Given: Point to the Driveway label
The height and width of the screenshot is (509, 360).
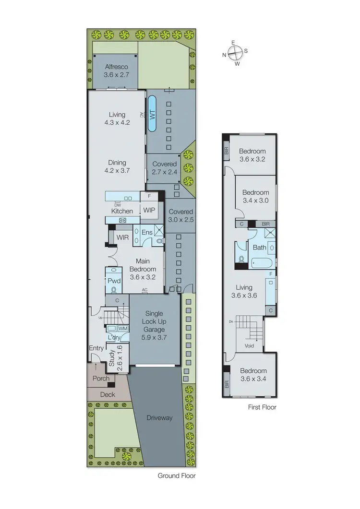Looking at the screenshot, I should (x=159, y=418).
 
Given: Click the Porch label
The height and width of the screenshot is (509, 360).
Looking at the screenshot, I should (x=101, y=379).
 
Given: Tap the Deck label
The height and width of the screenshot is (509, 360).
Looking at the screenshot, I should (x=108, y=394).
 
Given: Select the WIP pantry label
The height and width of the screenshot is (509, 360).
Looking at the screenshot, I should (x=149, y=210).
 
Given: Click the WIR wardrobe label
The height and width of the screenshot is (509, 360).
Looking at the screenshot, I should (x=123, y=237).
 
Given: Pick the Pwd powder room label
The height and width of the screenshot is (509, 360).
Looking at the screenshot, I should (x=113, y=281).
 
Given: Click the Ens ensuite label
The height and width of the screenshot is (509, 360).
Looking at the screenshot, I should (x=147, y=232).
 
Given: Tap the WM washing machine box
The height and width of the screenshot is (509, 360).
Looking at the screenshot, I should (x=122, y=329).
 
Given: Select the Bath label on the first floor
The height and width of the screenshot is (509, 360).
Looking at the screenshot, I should (x=259, y=248).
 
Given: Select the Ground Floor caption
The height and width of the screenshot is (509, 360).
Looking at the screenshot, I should (x=177, y=476).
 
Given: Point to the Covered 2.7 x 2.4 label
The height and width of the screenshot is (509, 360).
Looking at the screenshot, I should (x=164, y=168).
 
